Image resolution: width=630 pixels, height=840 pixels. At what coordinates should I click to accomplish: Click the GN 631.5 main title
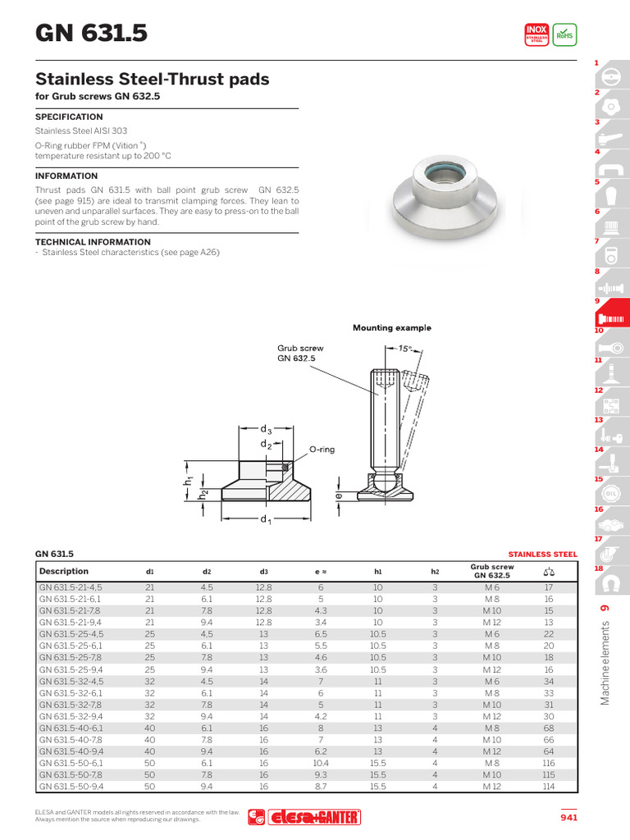91,33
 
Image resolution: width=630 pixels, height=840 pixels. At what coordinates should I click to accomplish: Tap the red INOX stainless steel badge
536,34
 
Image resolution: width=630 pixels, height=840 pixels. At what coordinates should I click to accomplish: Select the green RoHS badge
564,34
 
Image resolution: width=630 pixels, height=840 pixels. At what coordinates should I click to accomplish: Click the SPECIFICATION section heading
69,117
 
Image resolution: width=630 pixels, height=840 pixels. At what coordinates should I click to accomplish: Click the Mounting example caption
391,328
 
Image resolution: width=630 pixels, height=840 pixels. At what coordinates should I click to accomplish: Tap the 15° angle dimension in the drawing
405,349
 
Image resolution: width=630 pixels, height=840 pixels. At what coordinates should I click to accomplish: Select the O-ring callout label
322,450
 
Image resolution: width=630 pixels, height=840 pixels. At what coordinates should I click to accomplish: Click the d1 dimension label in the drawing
266,520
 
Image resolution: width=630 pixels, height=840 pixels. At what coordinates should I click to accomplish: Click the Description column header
64,571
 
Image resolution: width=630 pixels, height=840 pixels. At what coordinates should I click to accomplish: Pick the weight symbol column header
549,572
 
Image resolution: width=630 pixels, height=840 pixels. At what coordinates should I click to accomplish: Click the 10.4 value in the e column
321,763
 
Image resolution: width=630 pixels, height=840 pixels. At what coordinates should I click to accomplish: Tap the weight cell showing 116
549,763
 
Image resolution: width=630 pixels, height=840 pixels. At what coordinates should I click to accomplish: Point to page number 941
568,817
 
